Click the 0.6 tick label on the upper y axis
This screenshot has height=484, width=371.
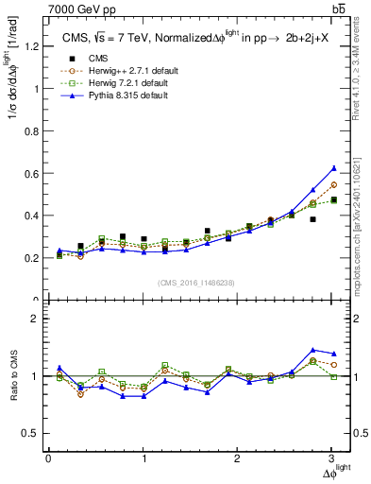coord(30,173)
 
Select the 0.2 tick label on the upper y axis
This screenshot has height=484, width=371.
coord(30,258)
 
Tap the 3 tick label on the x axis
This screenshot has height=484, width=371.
coord(332,458)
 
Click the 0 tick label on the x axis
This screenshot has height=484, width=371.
coord(48,458)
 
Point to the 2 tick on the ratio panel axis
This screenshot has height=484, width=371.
coord(35,319)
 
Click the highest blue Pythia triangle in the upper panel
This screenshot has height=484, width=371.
coord(332,168)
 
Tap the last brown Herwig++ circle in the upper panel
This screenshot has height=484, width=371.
coord(332,184)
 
